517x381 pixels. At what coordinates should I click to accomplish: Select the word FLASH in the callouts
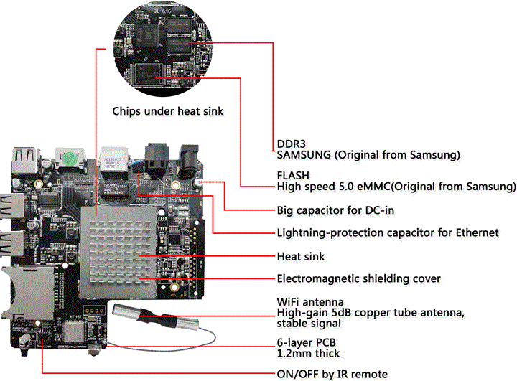pos(291,175)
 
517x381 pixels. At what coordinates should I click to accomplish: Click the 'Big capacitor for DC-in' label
pos(335,210)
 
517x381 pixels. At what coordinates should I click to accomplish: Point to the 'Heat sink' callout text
pos(301,256)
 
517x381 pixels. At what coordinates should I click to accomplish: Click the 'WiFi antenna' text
pos(310,301)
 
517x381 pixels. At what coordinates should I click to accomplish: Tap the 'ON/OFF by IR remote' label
pos(332,374)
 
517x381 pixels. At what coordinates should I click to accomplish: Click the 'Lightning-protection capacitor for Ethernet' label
pos(388,232)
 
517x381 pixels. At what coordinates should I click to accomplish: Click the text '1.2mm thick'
pos(308,353)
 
